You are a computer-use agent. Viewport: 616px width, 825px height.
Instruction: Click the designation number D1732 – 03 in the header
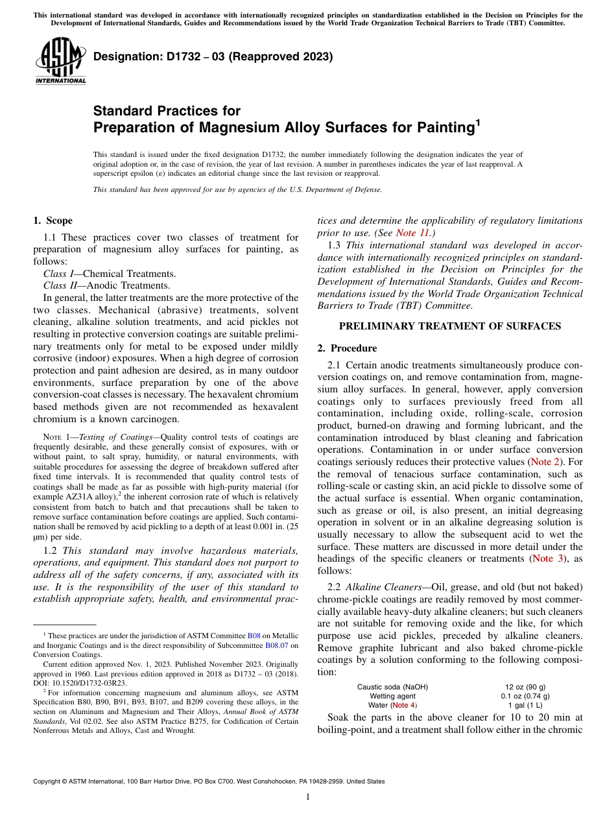click(x=213, y=56)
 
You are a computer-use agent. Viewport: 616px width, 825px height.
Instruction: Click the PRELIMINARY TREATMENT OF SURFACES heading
click(x=450, y=326)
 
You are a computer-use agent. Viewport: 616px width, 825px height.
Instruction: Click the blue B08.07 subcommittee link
click(x=277, y=645)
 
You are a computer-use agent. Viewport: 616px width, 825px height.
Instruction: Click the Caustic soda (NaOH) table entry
click(x=392, y=687)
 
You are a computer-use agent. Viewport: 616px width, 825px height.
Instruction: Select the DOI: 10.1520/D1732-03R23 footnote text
click(x=80, y=682)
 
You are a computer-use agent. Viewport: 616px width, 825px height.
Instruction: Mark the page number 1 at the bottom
click(x=308, y=796)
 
